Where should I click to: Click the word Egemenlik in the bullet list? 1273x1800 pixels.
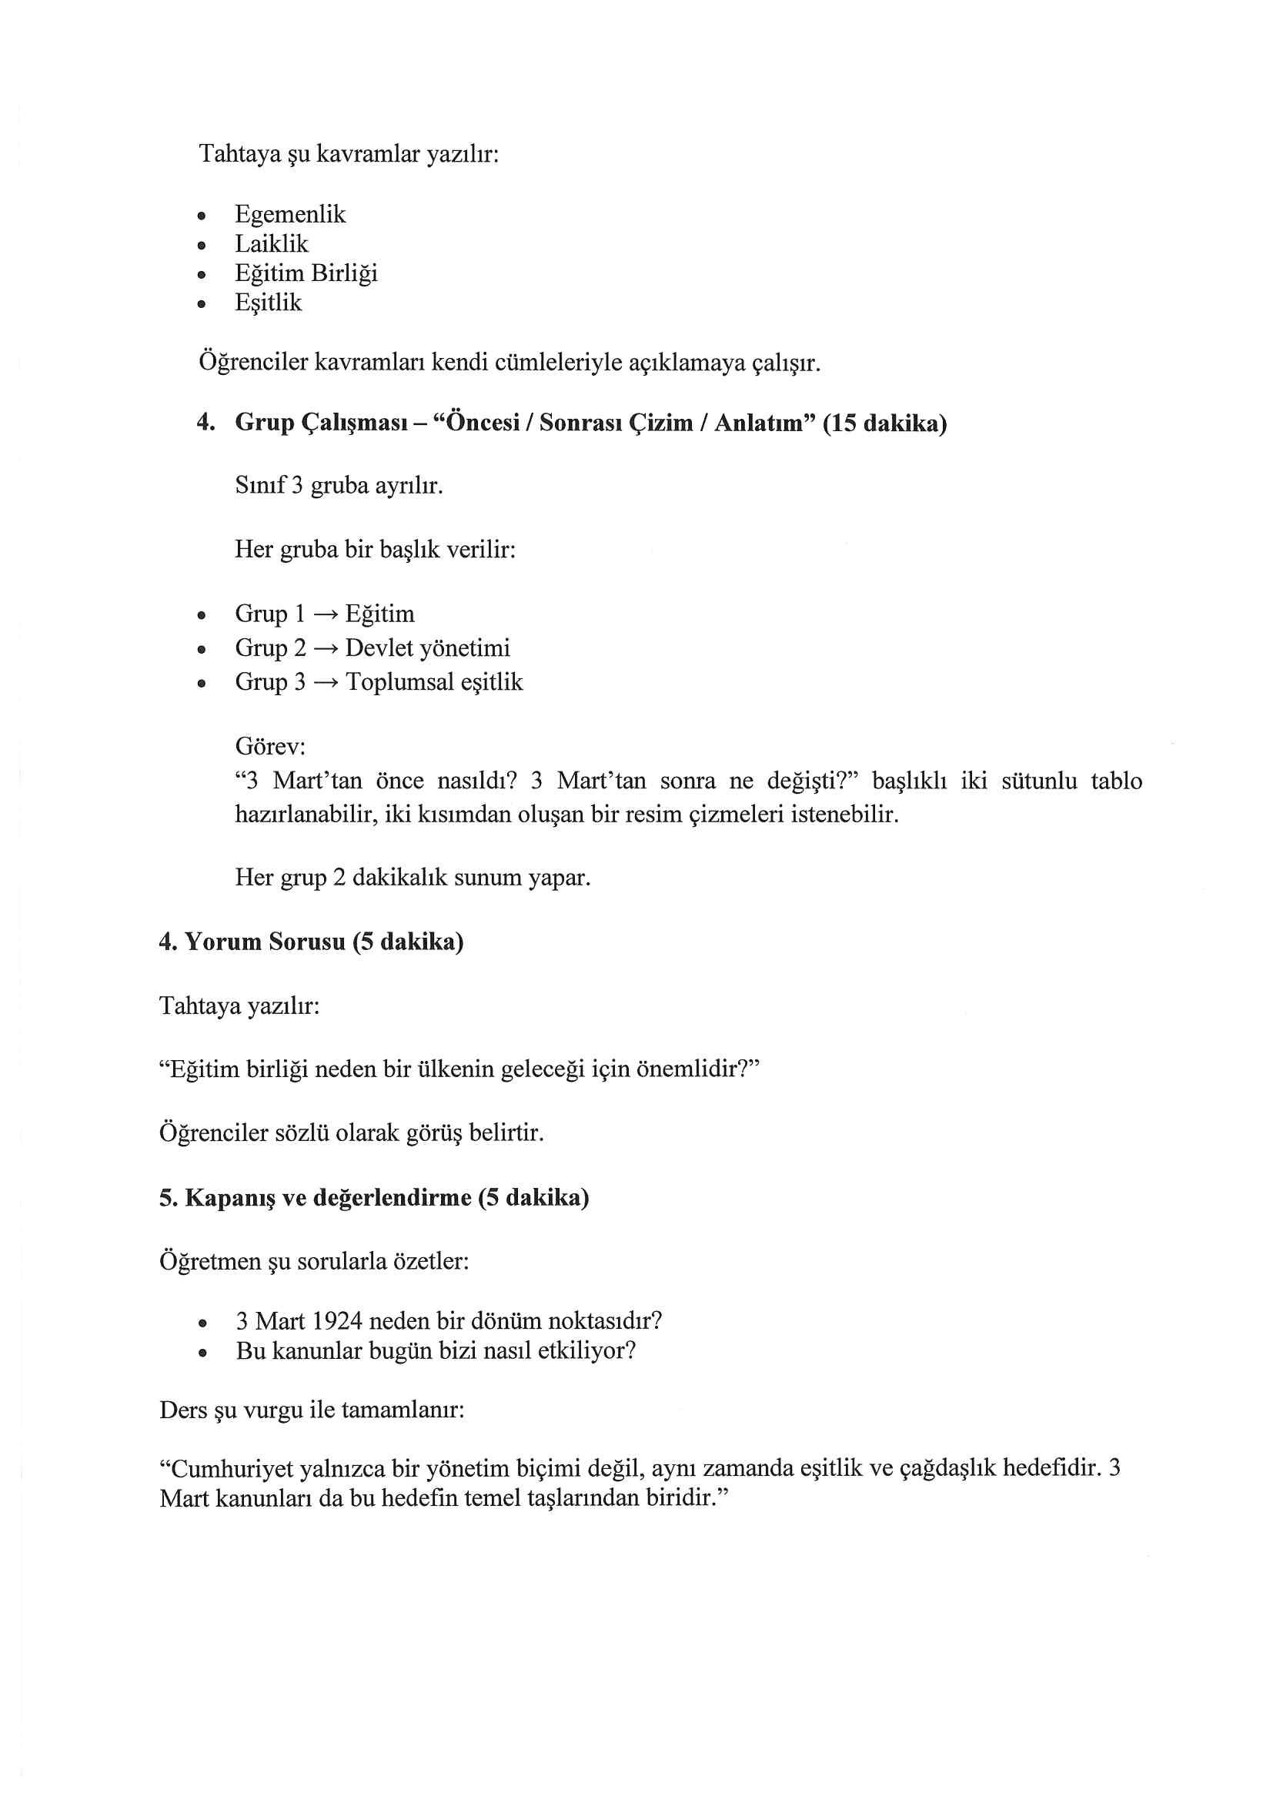tap(290, 214)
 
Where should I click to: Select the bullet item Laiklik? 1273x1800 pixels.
tap(271, 244)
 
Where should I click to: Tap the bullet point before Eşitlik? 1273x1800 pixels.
tap(202, 304)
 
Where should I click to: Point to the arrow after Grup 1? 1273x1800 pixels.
tap(325, 614)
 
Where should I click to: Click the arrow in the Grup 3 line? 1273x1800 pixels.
tap(325, 683)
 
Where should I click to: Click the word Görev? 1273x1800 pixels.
tap(270, 744)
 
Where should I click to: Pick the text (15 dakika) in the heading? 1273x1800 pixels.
tap(884, 423)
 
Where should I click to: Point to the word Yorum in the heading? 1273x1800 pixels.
tap(222, 942)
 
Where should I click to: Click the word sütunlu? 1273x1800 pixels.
tap(1038, 781)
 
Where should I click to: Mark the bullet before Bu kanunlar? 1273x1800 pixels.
tap(202, 1353)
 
